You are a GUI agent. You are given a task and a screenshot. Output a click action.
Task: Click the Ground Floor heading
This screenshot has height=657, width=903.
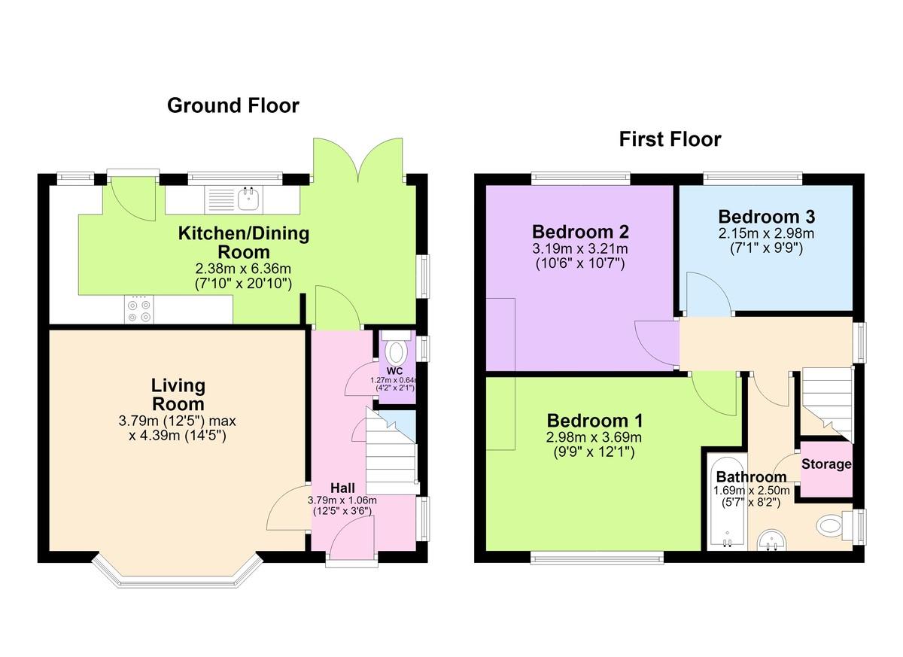233,105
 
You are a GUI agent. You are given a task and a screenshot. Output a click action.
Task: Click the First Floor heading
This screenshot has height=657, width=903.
670,139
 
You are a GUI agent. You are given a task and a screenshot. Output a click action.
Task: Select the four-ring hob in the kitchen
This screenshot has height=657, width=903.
139,310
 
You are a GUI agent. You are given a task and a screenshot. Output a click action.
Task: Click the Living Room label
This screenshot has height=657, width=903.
178,394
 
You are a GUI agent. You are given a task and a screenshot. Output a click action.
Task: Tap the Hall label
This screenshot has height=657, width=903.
342,488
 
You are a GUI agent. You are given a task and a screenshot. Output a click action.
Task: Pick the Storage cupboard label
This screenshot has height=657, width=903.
826,464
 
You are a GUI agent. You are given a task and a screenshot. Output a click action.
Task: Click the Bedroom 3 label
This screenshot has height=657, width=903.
767,217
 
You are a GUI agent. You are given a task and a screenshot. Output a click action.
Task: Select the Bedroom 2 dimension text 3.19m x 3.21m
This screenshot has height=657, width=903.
580,248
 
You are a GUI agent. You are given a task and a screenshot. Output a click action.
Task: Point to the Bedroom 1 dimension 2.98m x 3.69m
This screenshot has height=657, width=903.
594,437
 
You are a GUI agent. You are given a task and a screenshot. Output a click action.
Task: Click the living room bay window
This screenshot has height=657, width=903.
178,571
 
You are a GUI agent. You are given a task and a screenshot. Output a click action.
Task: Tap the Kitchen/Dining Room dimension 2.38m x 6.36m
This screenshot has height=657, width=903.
243,269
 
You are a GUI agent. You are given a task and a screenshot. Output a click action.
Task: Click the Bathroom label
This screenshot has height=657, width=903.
752,477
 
